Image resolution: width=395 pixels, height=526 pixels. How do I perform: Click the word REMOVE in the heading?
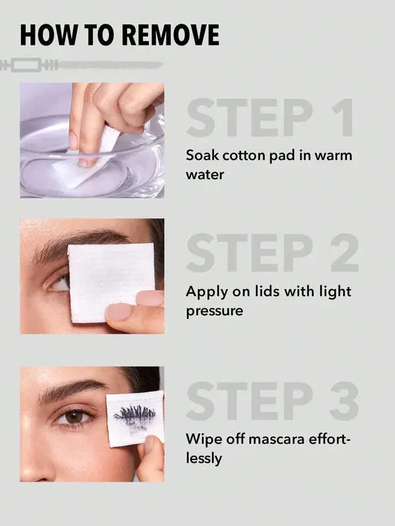point(170,35)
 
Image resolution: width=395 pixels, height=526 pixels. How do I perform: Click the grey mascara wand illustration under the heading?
point(80,65)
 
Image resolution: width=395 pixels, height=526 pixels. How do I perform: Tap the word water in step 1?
point(205,174)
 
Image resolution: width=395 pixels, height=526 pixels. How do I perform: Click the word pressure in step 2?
point(215,311)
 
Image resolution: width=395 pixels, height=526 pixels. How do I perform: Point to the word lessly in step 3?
point(203,458)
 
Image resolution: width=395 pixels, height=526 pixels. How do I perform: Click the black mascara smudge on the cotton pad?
point(135,417)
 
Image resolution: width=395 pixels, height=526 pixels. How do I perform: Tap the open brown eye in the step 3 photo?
point(73,417)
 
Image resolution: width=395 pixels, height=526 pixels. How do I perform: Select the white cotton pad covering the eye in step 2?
point(111,281)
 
